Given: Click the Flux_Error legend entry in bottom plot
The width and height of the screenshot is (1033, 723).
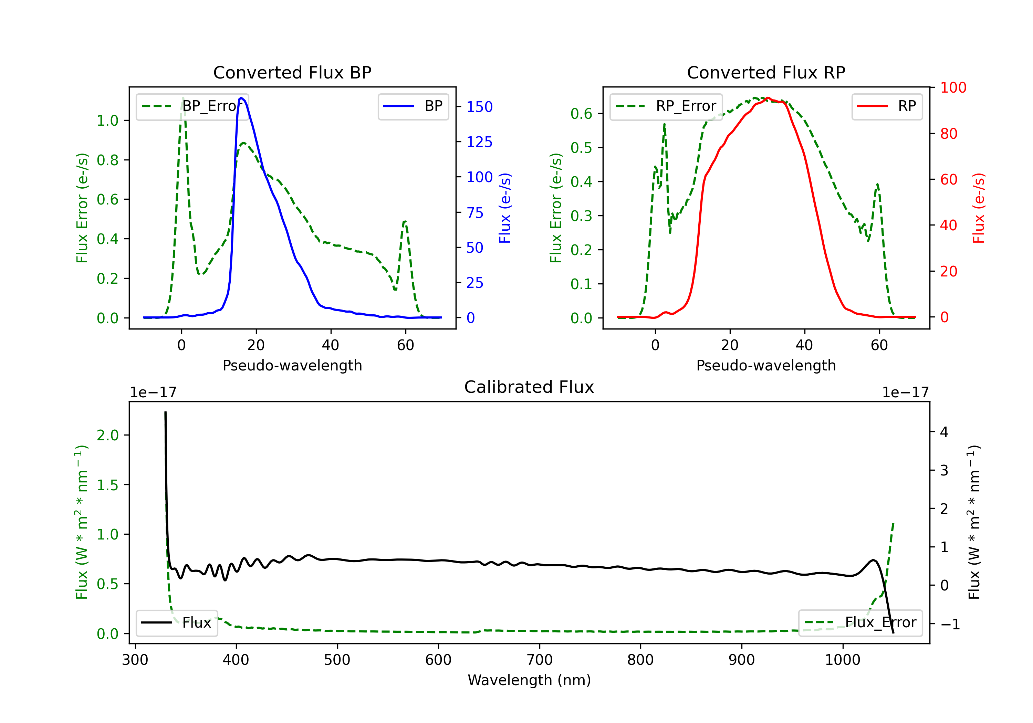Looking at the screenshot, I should (860, 623).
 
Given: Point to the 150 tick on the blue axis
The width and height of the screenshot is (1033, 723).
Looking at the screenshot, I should (479, 107).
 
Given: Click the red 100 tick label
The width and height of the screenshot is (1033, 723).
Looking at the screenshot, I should (953, 88).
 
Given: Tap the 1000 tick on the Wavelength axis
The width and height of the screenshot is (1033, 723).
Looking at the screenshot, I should (842, 660).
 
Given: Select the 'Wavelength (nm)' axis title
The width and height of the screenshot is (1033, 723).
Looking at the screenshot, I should (529, 680).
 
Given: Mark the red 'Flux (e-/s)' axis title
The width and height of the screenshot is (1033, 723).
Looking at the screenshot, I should (979, 208).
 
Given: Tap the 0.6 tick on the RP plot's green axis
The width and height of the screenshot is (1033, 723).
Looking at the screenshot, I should (581, 114).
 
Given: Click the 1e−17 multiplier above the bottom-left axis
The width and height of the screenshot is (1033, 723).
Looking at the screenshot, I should (153, 393).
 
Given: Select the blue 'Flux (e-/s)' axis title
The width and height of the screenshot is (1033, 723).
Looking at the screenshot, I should (505, 208).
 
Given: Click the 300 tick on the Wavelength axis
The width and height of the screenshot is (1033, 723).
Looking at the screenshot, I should (135, 660).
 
